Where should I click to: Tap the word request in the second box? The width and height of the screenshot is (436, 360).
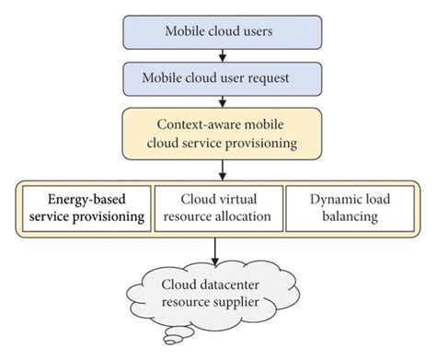tap(271, 76)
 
